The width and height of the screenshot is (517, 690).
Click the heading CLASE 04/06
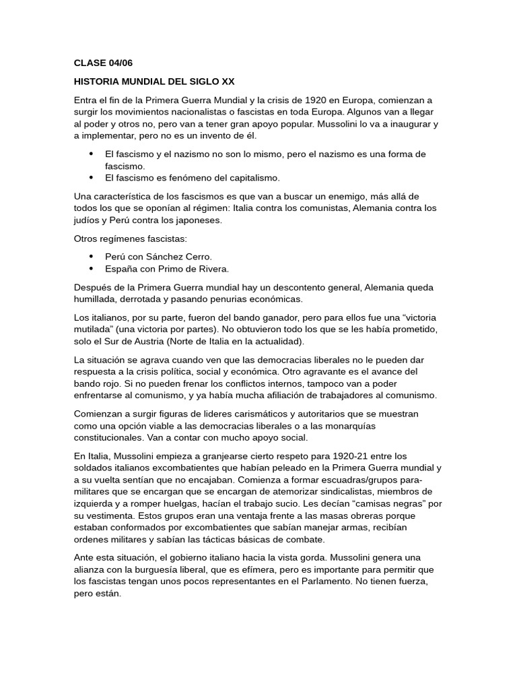click(x=104, y=63)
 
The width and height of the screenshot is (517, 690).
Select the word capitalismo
click(x=252, y=178)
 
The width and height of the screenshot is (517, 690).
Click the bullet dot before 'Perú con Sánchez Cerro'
click(x=92, y=257)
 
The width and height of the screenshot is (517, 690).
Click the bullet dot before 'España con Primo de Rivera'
click(x=92, y=269)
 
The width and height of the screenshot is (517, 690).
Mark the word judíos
click(x=89, y=220)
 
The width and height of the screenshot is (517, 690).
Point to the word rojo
click(x=112, y=383)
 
